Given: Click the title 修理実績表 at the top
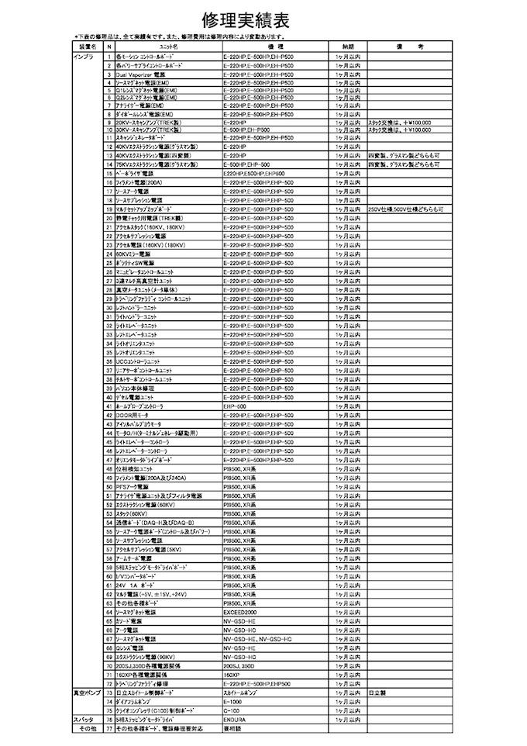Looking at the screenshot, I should coord(264,19).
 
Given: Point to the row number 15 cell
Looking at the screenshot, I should coord(108,174).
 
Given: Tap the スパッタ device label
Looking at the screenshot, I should coord(84,720).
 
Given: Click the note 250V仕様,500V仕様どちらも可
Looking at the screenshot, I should coord(405,209).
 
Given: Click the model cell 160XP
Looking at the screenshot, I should coord(233,675).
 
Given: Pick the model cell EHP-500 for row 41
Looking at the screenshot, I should coord(235,406).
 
